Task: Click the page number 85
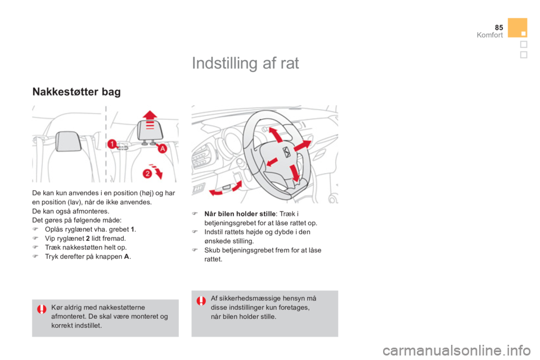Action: [499, 27]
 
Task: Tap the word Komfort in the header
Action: [489, 35]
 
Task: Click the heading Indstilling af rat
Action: [245, 63]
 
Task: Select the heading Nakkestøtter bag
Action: [76, 92]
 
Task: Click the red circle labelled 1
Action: [112, 143]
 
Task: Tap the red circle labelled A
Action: [162, 149]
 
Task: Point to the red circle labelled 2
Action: [147, 173]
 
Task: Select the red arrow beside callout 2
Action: [157, 171]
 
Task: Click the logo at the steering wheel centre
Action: [286, 151]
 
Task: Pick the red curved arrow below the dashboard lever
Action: [226, 189]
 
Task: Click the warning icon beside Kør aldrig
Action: [42, 309]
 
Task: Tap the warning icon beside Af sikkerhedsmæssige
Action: [201, 301]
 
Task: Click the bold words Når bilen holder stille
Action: [240, 214]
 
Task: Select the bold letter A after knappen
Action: [127, 256]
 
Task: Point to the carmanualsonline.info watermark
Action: [457, 350]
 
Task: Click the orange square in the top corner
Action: [517, 28]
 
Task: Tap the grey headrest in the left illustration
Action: [68, 141]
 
